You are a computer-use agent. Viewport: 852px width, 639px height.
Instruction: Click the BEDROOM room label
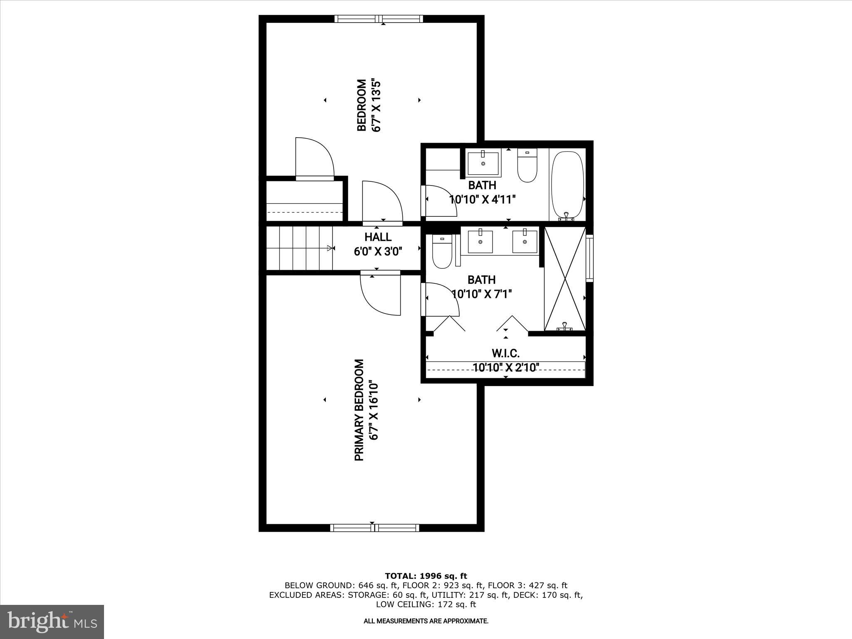tap(362, 105)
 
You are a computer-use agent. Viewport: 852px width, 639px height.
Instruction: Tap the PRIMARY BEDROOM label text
tap(359, 410)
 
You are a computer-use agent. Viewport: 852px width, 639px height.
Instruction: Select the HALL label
tap(378, 237)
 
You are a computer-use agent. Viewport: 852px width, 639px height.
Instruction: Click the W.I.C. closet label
tap(505, 354)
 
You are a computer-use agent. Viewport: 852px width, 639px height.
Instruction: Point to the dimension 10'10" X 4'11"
tap(483, 200)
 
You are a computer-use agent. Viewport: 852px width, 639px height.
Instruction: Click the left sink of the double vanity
tap(480, 241)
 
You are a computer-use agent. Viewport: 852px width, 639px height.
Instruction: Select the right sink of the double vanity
tap(525, 241)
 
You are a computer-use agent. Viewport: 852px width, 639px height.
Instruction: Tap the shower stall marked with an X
tap(565, 279)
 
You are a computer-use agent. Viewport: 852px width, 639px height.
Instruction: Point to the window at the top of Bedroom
tap(379, 19)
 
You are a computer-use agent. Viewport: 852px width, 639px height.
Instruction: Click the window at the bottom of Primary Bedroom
tap(374, 528)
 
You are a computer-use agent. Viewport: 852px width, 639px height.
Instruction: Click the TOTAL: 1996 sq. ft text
tap(426, 576)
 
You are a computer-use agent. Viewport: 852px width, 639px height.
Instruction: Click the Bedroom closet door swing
tap(314, 158)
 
